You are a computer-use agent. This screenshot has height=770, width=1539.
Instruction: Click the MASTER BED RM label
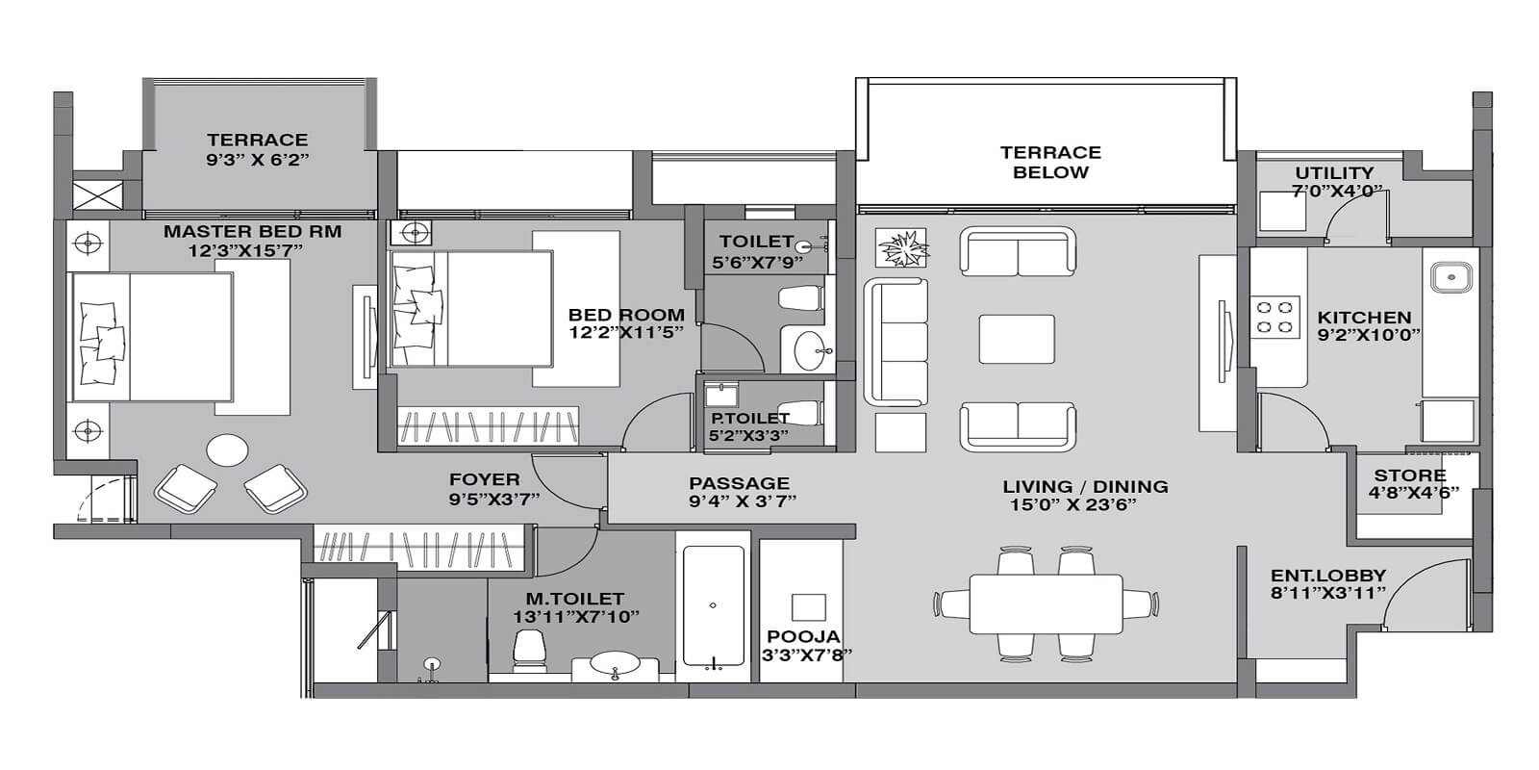tap(252, 232)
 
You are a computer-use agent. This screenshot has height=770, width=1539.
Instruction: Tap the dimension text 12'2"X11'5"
tap(626, 333)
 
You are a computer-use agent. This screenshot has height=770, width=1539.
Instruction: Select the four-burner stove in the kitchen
tap(1274, 318)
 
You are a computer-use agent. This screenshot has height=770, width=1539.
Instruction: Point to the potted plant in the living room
tap(902, 248)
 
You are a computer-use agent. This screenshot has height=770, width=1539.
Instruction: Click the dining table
tap(1046, 604)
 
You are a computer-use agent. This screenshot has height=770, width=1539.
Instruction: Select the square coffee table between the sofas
tap(1017, 340)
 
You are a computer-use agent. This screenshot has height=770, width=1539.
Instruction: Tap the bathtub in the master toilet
tap(712, 606)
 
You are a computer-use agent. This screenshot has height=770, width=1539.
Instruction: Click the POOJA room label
tap(803, 636)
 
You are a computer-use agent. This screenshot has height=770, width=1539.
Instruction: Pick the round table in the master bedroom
tap(228, 449)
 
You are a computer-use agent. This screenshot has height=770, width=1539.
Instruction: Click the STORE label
tap(1410, 475)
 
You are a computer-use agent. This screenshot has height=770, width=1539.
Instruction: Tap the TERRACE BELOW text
tap(1050, 163)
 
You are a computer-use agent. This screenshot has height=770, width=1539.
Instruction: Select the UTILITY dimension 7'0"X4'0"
tap(1333, 191)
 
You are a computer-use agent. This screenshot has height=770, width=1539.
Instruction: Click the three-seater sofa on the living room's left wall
tap(896, 341)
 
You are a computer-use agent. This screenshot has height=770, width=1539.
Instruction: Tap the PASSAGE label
tap(739, 483)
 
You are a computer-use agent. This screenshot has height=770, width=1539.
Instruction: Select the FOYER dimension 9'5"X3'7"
tap(493, 498)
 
